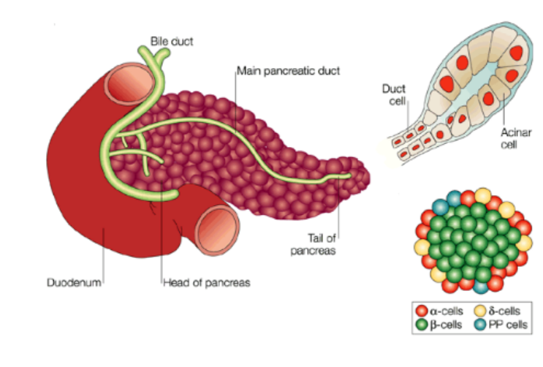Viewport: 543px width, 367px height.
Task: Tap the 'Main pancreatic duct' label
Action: coord(289,71)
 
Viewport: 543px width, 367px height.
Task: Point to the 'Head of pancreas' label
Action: coord(206,281)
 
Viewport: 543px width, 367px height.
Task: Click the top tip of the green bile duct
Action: coord(143,51)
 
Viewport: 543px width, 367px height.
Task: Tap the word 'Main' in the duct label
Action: coord(248,71)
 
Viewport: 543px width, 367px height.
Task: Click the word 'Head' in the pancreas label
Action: coord(175,281)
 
